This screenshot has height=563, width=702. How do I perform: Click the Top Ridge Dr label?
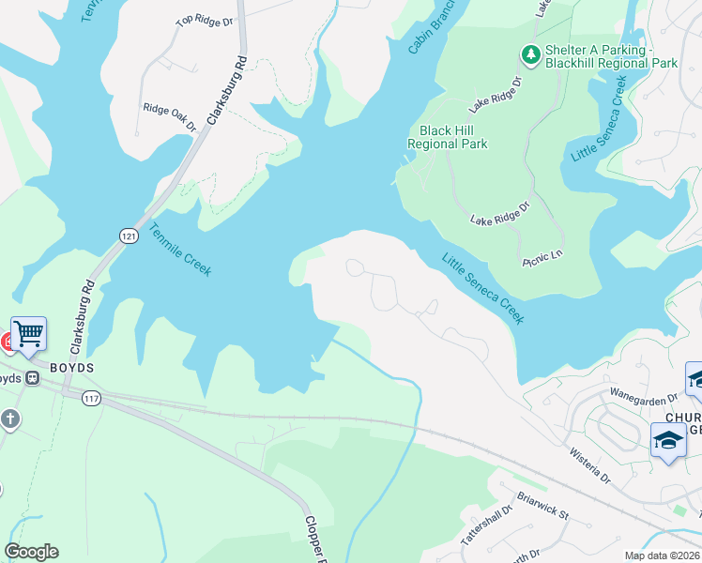pos(204,20)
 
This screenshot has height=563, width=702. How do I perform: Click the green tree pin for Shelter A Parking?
pos(531,55)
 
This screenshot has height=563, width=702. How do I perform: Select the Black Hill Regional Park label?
pos(447,138)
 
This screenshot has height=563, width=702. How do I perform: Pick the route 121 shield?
pos(129,236)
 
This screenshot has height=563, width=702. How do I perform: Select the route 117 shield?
pos(91,399)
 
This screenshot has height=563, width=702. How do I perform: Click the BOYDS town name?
pos(71,368)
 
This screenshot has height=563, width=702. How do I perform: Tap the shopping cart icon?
pos(29,333)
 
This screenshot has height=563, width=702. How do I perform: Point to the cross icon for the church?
pos(9,418)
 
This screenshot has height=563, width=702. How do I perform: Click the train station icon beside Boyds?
pos(31,378)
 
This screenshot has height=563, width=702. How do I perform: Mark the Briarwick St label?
pos(542,507)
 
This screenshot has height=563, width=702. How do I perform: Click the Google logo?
pos(31,552)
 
